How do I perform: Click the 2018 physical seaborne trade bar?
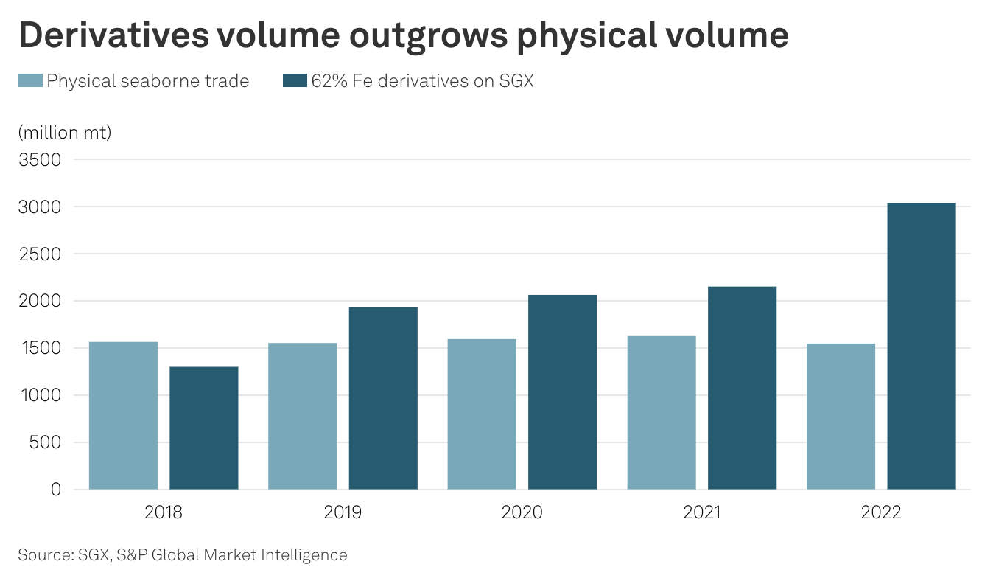[123, 415]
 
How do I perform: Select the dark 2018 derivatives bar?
[204, 428]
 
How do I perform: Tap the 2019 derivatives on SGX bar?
[383, 398]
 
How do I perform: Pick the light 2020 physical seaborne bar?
[482, 414]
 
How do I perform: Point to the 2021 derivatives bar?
[742, 388]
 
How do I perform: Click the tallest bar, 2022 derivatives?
[922, 346]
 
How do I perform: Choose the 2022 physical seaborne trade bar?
[841, 416]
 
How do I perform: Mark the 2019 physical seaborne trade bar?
[302, 416]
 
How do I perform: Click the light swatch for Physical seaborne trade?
[30, 81]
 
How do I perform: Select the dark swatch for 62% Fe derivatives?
[295, 81]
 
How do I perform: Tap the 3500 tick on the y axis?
[40, 159]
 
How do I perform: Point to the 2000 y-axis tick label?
[40, 301]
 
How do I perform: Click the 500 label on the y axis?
[46, 442]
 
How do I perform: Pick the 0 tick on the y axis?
[55, 490]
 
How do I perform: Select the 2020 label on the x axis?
[522, 512]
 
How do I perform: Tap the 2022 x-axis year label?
[881, 512]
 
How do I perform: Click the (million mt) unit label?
[64, 133]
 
